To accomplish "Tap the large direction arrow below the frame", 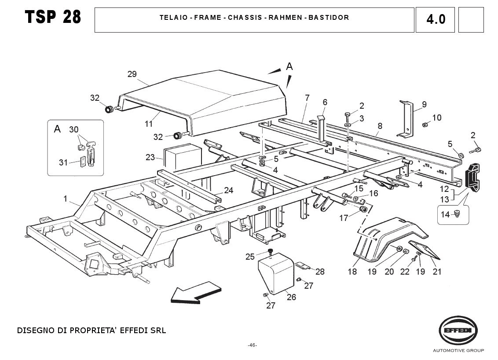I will (x=196, y=294).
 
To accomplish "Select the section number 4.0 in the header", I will (x=436, y=19).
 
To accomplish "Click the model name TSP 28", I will (x=53, y=17).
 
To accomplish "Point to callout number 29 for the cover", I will (x=132, y=74).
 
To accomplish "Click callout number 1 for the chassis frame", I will (x=66, y=199).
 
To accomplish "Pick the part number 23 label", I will (x=150, y=157).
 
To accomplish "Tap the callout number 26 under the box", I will (x=291, y=297).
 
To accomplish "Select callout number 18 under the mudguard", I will (x=352, y=272).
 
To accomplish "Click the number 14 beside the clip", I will (x=445, y=214).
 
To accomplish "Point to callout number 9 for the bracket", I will (x=424, y=104).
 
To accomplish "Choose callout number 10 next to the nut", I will (x=436, y=118).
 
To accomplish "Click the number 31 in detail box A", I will (x=63, y=162).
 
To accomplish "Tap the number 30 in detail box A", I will (x=73, y=129).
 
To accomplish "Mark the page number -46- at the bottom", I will (x=252, y=345).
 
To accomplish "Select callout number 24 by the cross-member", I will (x=228, y=190).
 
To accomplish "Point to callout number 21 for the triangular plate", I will (x=436, y=272).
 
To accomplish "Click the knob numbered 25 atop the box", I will (x=271, y=252).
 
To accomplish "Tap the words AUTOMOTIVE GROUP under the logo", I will (x=458, y=351).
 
